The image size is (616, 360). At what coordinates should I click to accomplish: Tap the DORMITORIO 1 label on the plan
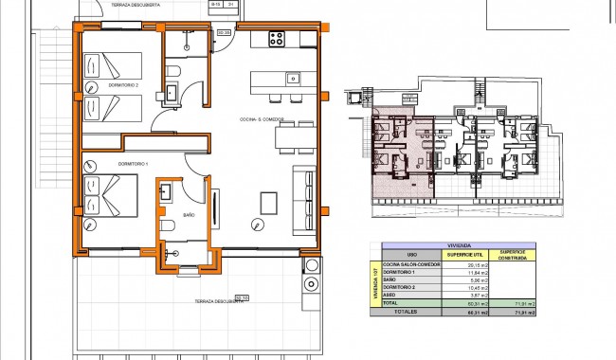pyautogui.click(x=107, y=164)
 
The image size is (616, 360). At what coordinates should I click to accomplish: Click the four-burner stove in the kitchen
pyautogui.click(x=277, y=39)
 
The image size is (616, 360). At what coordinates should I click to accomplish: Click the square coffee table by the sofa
pyautogui.click(x=269, y=203)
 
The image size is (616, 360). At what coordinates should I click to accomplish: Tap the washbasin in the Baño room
pyautogui.click(x=167, y=190)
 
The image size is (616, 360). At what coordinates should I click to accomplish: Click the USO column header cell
pyautogui.click(x=411, y=255)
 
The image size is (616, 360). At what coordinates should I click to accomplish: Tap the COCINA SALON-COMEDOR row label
pyautogui.click(x=411, y=264)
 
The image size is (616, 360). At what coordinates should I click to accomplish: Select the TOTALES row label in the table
pyautogui.click(x=408, y=310)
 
